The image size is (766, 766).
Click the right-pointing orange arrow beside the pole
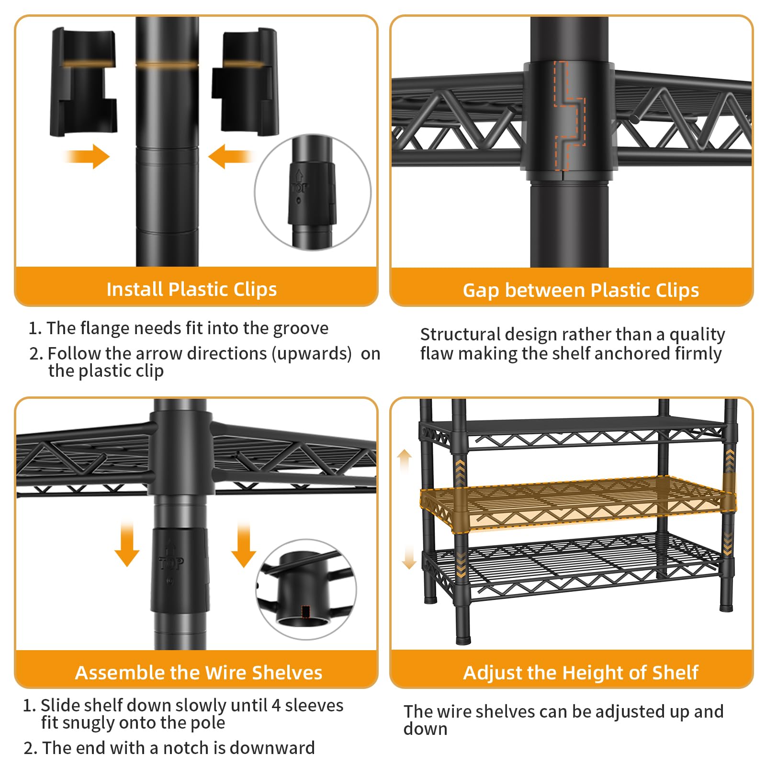[87, 157]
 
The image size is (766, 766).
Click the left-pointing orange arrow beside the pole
[231, 157]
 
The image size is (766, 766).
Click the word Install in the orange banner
[135, 289]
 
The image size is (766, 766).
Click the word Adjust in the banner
[490, 673]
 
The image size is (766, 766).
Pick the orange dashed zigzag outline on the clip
[570, 115]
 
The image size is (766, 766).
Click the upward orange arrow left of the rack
[405, 462]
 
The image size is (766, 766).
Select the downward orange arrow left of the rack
[408, 557]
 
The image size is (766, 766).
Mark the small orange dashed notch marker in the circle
[306, 611]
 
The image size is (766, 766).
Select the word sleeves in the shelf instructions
[314, 706]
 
